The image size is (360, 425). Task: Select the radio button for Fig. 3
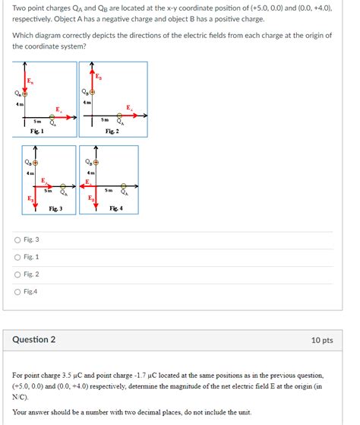click(17, 240)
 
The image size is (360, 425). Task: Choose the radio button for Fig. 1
click(17, 257)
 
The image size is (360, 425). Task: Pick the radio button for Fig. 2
click(17, 274)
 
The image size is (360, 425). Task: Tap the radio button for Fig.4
click(17, 291)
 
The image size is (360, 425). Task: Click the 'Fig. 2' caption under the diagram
click(112, 131)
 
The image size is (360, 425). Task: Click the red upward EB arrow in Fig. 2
click(93, 80)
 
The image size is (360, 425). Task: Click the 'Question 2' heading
click(33, 340)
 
